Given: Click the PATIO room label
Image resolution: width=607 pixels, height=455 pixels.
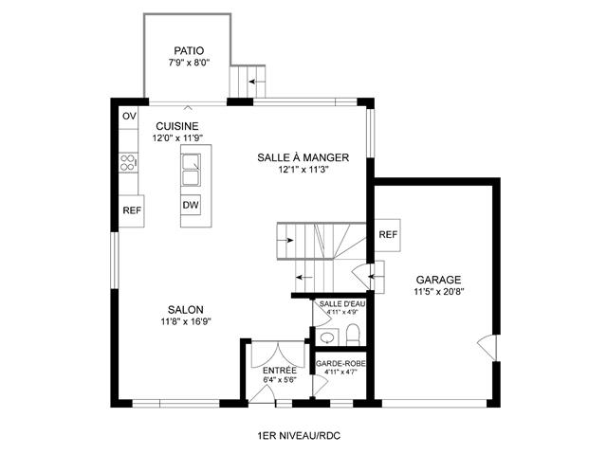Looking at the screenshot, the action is (x=189, y=50).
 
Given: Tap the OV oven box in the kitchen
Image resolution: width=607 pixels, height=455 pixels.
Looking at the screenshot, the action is (x=129, y=116).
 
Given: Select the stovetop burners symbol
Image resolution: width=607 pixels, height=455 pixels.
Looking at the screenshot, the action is (x=128, y=162).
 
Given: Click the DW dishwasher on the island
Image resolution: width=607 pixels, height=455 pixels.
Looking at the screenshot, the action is (x=191, y=205).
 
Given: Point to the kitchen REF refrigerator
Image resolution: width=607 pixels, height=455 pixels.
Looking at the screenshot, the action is (x=132, y=210).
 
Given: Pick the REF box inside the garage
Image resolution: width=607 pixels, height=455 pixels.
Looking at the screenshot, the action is (x=388, y=235).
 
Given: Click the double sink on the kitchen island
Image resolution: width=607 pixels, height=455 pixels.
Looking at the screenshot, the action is (x=191, y=170).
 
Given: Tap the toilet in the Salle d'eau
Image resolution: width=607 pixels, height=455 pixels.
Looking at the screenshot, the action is (x=353, y=335).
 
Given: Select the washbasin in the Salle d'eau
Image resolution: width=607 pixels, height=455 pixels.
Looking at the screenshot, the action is (x=327, y=337).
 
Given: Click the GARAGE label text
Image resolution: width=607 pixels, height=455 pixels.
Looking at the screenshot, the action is (x=438, y=280).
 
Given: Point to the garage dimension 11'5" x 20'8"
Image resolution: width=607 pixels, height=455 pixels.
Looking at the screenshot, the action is (x=438, y=291).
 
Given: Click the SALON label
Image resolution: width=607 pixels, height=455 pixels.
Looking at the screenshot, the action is (x=186, y=310).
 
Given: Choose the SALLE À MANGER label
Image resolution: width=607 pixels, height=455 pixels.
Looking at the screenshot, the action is (x=303, y=158).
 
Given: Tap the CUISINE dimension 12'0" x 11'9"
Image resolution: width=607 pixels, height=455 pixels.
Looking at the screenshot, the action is (x=177, y=138).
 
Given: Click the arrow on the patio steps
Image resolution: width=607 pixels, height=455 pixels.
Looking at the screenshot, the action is (x=257, y=82).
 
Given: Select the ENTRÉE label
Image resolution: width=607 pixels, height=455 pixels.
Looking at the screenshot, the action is (x=280, y=371).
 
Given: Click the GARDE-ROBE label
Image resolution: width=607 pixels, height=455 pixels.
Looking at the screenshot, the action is (x=340, y=364).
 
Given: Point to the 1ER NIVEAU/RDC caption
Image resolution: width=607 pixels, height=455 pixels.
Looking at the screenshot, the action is (x=299, y=436).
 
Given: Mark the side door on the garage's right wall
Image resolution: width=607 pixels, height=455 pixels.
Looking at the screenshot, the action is (x=487, y=347).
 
